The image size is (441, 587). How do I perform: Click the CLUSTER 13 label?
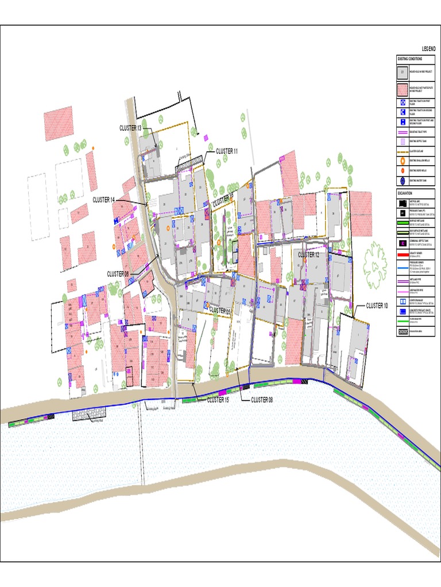(x=130, y=128)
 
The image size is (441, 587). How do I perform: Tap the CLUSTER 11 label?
(x=226, y=151)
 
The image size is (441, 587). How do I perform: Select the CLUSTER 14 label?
(x=104, y=199)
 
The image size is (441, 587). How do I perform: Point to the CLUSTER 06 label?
(x=118, y=274)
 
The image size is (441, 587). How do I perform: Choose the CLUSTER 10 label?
(x=377, y=306)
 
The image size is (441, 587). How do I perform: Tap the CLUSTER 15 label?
(x=218, y=400)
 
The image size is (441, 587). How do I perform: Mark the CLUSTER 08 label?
(x=262, y=400)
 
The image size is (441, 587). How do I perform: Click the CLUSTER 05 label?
(x=220, y=310)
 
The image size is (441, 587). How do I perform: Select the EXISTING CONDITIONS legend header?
(x=409, y=58)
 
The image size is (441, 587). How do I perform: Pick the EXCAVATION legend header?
(x=404, y=194)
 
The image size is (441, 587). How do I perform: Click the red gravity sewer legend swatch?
(x=402, y=253)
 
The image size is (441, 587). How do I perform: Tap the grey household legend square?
(x=402, y=73)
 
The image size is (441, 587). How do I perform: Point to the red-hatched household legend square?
(x=402, y=90)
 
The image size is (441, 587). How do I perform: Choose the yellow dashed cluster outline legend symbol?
(x=402, y=151)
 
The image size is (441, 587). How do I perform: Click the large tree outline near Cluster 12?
(x=374, y=265)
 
